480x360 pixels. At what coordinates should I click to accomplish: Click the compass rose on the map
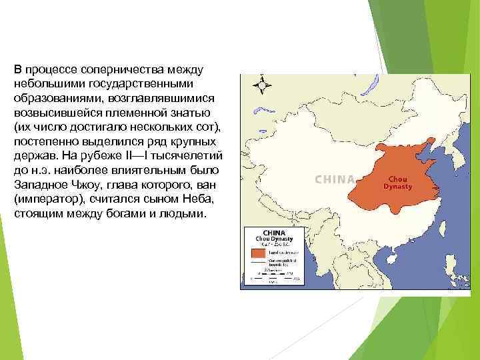click(x=261, y=85)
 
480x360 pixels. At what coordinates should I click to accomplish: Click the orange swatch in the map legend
click(x=257, y=253)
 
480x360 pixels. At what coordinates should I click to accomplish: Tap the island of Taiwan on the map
click(x=440, y=245)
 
